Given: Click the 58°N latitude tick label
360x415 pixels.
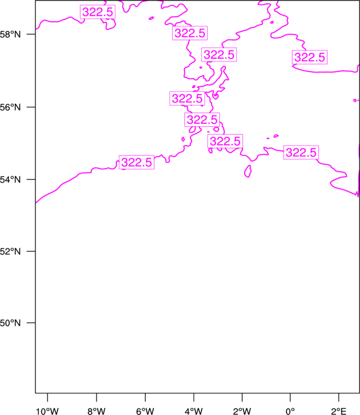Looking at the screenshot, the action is click(x=10, y=34).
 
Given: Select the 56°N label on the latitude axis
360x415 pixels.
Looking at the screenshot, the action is click(x=10, y=107).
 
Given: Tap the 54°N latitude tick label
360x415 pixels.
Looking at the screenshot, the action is click(x=10, y=180).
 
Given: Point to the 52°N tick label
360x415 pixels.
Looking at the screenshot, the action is click(x=10, y=251).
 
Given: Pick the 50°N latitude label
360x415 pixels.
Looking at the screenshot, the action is click(x=10, y=323).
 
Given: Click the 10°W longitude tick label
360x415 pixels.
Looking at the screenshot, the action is click(x=48, y=411).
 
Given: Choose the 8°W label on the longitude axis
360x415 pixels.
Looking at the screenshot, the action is click(x=96, y=411).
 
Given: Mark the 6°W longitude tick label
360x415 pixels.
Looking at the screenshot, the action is click(x=145, y=411).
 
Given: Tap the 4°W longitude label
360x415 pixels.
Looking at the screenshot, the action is click(x=194, y=411).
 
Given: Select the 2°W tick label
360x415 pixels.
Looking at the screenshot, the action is click(x=242, y=411).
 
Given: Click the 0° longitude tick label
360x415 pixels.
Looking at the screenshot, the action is click(x=290, y=411).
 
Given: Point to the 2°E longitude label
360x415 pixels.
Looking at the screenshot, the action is click(x=338, y=411).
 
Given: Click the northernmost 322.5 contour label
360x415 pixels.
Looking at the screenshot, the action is click(x=97, y=12).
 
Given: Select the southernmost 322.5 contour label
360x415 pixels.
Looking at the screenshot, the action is click(x=137, y=162).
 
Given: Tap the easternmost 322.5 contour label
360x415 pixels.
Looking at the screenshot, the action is click(x=310, y=57).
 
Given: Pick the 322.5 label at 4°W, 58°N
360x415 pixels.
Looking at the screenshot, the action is click(x=190, y=33).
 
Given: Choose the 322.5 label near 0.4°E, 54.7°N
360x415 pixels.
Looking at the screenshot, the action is click(x=301, y=153).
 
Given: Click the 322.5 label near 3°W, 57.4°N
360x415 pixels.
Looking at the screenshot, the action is click(x=219, y=55).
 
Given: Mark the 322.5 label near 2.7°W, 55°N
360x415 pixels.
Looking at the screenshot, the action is click(x=225, y=141).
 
